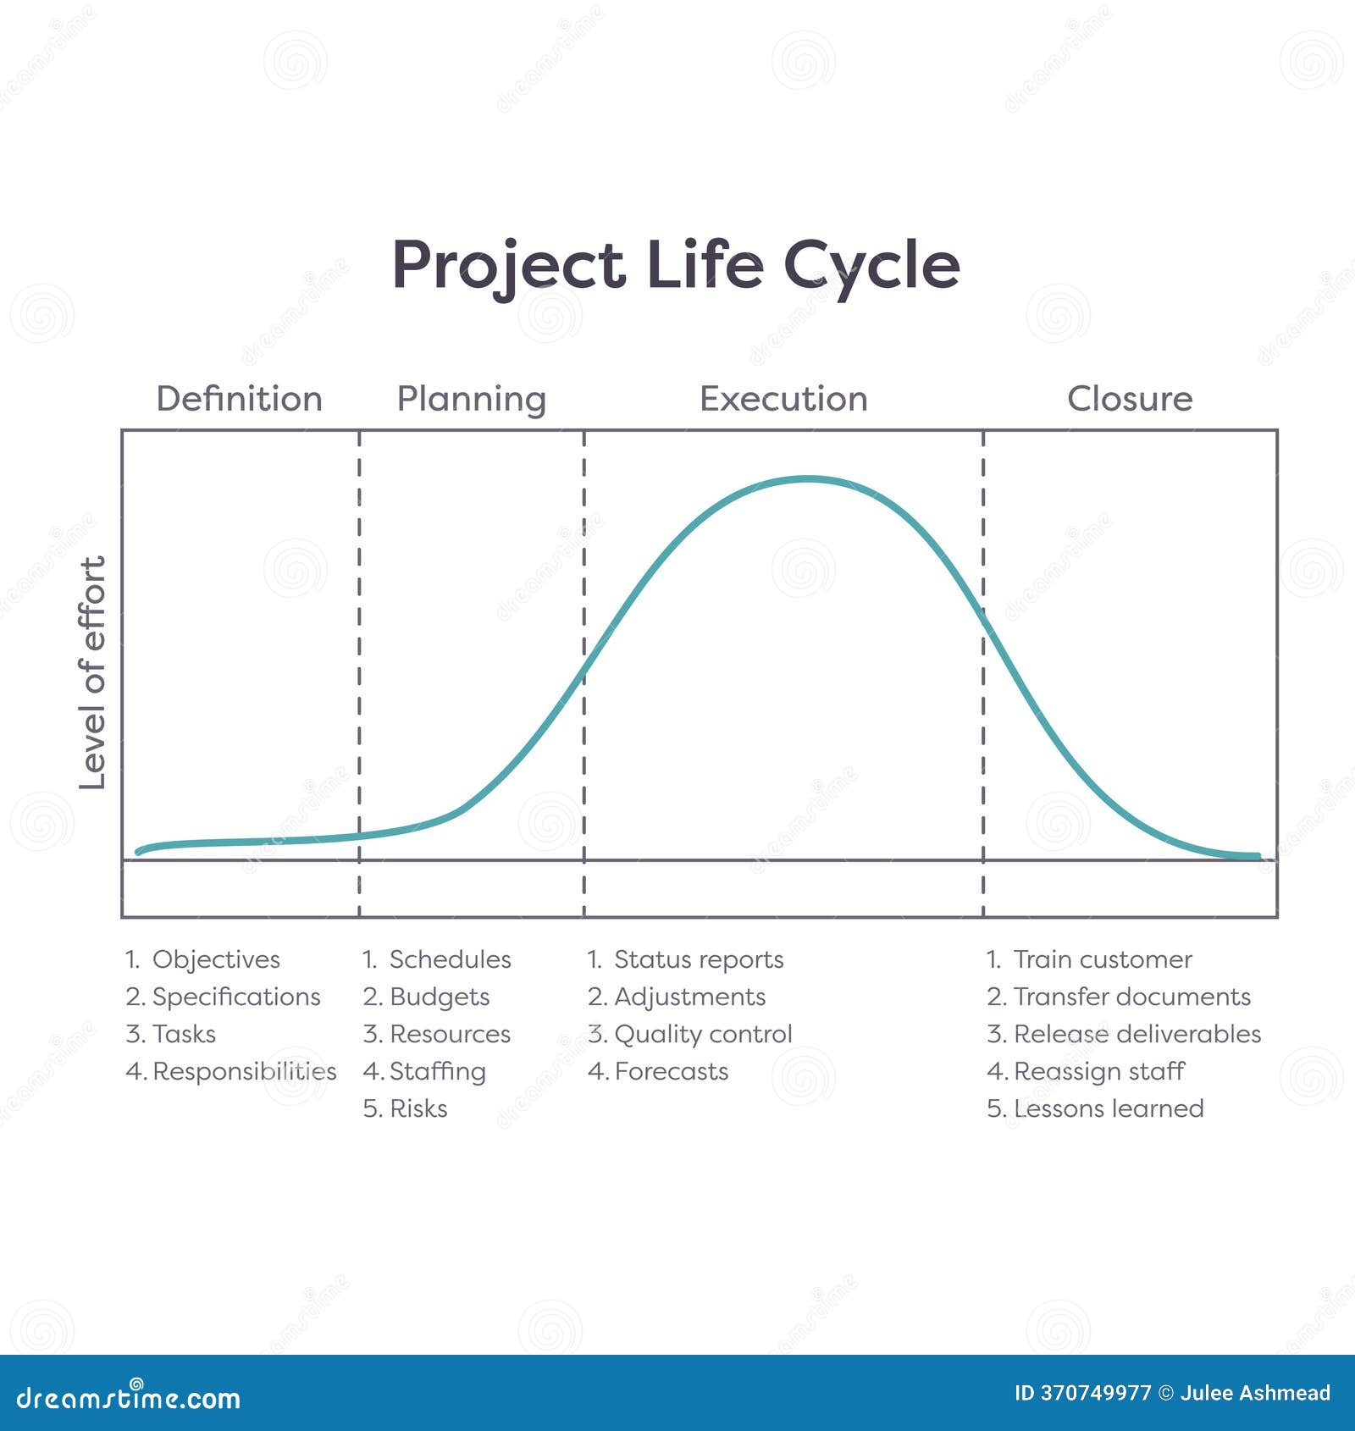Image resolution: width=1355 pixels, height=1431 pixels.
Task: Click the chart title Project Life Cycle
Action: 676,266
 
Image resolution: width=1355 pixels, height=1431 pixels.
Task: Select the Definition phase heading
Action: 240,399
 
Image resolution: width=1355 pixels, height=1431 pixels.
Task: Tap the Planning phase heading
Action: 472,400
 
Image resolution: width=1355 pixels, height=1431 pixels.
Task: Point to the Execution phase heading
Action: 783,399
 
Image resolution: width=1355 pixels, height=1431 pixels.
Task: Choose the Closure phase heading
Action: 1130,399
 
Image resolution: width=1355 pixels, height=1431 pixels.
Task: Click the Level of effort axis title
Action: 92,673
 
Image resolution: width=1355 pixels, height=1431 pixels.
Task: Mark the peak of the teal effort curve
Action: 807,479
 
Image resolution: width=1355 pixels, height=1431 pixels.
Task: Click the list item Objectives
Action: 216,959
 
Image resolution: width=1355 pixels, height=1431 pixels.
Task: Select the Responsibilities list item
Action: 244,1071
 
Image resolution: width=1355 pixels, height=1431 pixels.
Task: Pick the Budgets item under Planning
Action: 439,997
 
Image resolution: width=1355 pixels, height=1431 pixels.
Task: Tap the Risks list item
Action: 418,1108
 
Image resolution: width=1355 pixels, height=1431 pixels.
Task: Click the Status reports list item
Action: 698,959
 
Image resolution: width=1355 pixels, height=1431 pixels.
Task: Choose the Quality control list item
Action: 703,1034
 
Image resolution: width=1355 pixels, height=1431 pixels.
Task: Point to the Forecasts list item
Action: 671,1071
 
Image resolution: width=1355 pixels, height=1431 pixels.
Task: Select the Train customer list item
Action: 1102,959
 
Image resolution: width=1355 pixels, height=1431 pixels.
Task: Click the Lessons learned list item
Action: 1108,1108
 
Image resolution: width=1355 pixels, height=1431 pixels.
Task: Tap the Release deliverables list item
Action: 1137,1034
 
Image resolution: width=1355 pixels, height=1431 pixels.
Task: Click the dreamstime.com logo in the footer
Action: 129,1397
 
